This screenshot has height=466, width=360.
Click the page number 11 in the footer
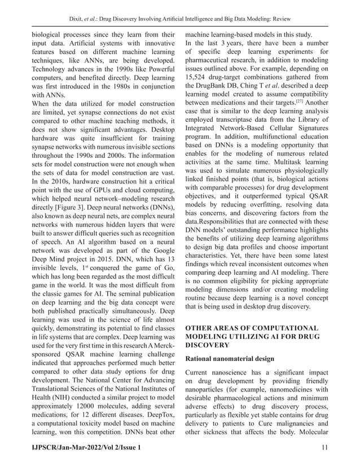324,447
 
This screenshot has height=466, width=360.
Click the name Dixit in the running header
76,9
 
